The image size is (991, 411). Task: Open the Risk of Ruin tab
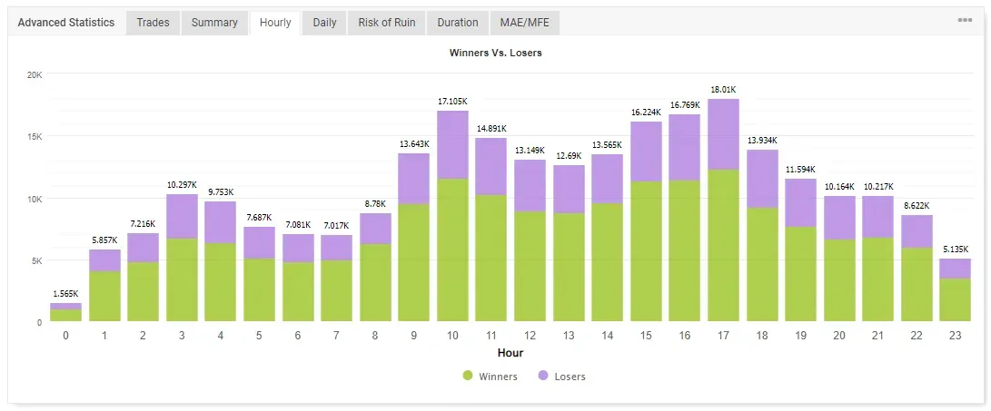[x=386, y=23]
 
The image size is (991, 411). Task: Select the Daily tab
[x=324, y=23]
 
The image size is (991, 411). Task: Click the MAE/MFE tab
[x=525, y=23]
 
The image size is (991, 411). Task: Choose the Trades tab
[x=153, y=23]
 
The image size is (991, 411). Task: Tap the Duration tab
[x=457, y=23]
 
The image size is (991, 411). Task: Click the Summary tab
[x=214, y=23]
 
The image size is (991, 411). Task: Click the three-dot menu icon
[x=965, y=21]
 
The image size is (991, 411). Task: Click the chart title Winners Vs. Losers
[x=495, y=53]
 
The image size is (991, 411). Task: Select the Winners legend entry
[x=491, y=377]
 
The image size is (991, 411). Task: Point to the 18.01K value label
[x=723, y=90]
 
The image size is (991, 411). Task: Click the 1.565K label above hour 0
[x=65, y=295]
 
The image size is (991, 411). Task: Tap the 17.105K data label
[x=452, y=102]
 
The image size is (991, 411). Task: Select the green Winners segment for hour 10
[x=452, y=250]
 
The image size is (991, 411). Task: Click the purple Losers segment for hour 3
[x=182, y=216]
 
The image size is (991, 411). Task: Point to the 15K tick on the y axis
[x=34, y=137]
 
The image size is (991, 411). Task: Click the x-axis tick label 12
[x=530, y=336]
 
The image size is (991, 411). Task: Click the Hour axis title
[x=510, y=353]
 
